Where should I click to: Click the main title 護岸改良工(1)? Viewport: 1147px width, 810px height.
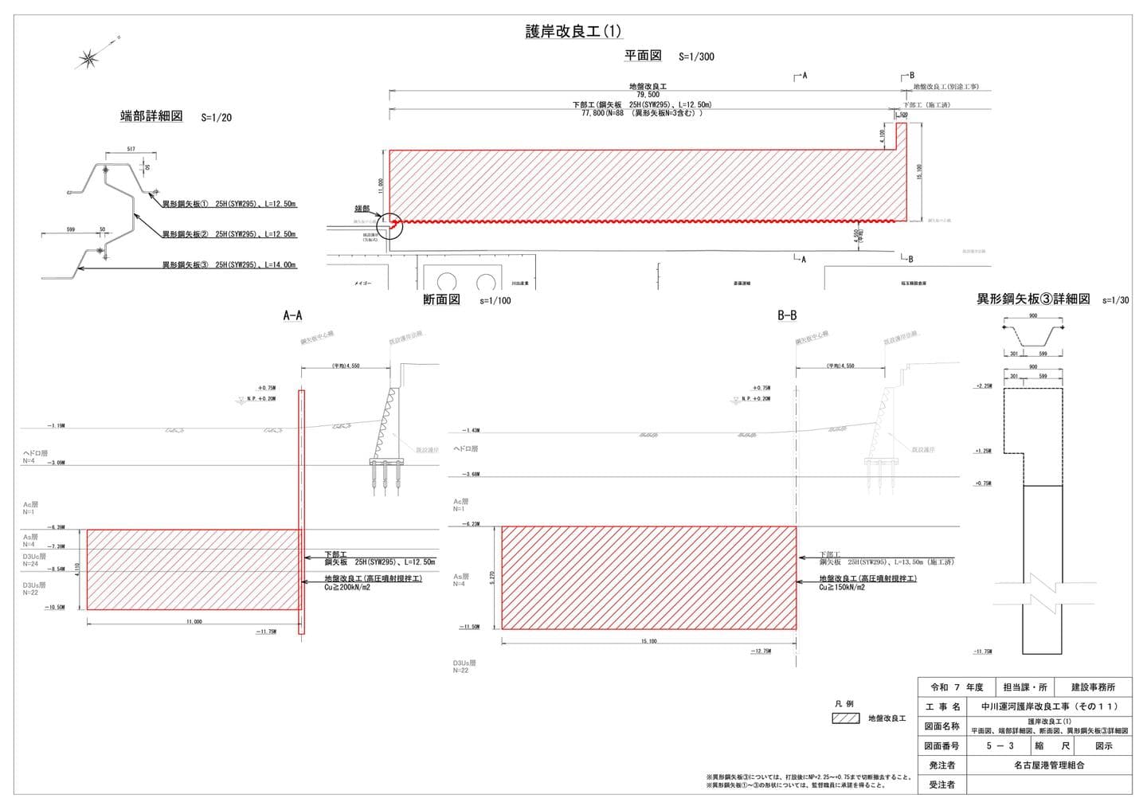click(573, 32)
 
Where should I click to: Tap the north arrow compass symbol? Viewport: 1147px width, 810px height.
click(89, 57)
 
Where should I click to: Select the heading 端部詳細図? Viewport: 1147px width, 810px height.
click(151, 116)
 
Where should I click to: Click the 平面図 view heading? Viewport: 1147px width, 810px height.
click(643, 56)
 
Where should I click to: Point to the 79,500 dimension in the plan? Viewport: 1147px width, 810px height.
click(648, 95)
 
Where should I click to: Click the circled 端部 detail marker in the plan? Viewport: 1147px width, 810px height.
click(390, 225)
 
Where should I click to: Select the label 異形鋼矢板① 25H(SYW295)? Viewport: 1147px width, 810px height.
click(229, 204)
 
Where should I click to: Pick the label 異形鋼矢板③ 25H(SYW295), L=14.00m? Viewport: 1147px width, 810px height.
click(229, 264)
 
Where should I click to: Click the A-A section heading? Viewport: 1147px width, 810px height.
click(292, 315)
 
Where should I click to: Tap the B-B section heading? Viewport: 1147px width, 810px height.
click(787, 315)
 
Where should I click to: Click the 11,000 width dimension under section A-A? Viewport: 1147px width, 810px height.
click(194, 621)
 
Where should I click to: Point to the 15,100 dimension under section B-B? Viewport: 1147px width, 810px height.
click(648, 641)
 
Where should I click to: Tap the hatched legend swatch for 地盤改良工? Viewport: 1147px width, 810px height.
click(846, 718)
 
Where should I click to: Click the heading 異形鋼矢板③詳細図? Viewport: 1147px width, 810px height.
click(1033, 299)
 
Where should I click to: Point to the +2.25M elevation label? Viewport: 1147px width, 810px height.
click(983, 386)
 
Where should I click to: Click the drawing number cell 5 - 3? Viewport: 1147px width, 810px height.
click(1000, 746)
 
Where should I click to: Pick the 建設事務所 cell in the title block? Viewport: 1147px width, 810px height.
click(1093, 687)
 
